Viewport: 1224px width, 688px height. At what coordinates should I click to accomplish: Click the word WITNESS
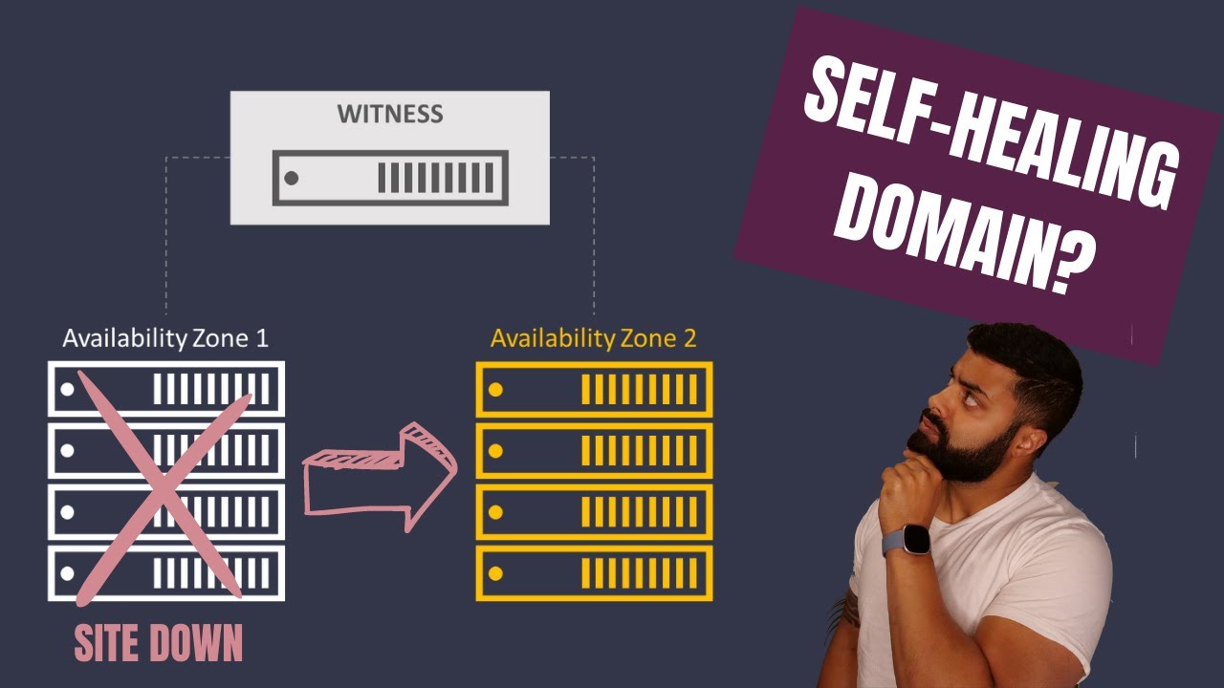pos(389,114)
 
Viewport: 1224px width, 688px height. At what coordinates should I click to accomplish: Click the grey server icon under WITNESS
pos(390,178)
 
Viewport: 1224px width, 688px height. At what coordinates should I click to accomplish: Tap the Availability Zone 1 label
pos(165,338)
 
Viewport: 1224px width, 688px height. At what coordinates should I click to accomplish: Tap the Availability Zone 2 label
pos(594,338)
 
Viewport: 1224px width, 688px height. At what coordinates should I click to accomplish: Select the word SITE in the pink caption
pos(106,643)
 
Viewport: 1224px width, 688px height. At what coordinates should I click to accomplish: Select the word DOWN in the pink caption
pos(196,643)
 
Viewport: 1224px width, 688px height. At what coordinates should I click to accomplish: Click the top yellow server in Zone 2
pos(594,389)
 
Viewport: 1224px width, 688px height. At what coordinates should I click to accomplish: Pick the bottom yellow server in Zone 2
pos(594,573)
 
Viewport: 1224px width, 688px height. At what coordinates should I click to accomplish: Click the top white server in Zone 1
pos(166,389)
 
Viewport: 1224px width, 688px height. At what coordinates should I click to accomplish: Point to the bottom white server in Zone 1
pos(166,573)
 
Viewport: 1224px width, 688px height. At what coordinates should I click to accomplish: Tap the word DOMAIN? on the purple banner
pos(966,236)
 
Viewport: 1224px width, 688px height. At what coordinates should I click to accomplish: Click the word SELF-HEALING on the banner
pos(990,131)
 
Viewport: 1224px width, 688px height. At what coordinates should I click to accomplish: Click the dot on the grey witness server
pos(292,178)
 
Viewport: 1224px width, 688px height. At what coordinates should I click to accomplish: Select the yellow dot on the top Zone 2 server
pos(495,389)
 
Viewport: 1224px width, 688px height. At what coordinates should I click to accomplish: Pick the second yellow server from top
pos(594,450)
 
